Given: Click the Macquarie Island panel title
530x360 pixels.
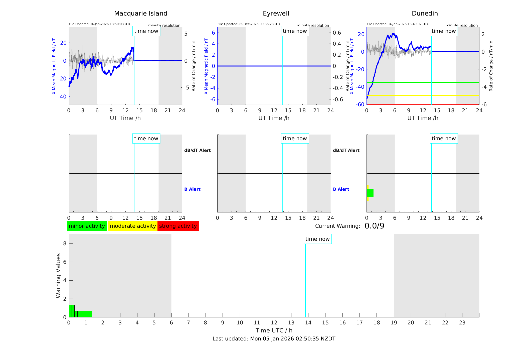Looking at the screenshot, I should coord(141,14).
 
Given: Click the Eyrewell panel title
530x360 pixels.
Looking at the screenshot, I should coord(276,14).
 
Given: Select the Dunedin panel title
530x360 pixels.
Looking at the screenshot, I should coord(425,14).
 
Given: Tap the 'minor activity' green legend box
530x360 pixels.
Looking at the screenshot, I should coord(87,226).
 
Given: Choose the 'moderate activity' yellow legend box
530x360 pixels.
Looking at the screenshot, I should coord(133,226).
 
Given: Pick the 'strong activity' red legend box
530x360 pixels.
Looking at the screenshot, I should coord(178,226).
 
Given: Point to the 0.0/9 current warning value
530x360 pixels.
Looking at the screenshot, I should coord(374,226).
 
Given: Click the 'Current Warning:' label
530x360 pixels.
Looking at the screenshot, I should coord(337,226).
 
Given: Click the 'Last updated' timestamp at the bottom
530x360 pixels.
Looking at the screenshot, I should coord(274,339).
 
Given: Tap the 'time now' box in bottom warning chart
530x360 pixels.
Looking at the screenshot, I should coord(317,239).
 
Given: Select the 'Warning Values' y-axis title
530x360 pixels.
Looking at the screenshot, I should coord(58,276).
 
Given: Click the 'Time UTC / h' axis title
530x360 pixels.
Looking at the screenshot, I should coord(274,330).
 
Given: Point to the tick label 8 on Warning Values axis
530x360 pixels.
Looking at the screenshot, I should coord(65,244).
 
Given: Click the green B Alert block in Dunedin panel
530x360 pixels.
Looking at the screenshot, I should coord(370,193).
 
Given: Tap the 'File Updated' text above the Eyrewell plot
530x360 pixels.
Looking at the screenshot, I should coord(249,24).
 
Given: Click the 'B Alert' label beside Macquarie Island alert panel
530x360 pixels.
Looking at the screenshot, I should coord(192,189).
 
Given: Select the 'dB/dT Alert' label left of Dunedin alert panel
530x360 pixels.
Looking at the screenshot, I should coord(346,150).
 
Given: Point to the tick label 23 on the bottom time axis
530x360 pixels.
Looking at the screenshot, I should coord(462,323).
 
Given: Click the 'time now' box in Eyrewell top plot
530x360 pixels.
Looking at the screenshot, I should coord(295,31).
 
